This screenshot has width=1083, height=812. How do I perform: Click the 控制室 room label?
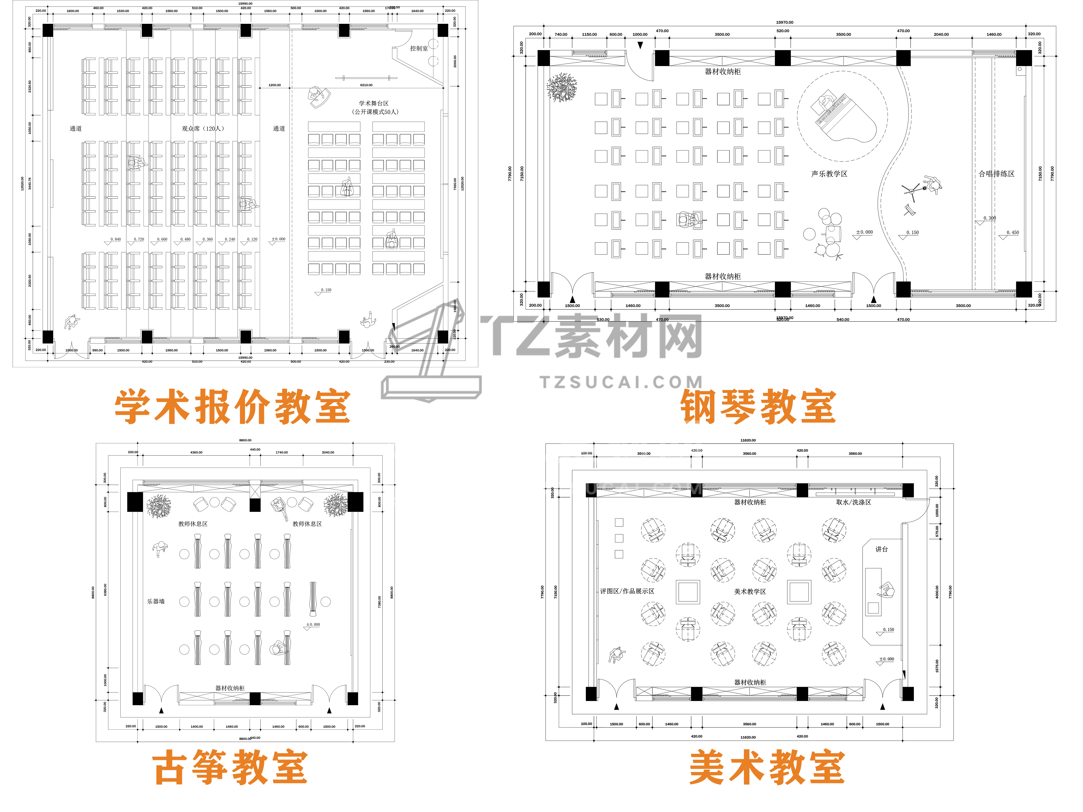[x=419, y=48]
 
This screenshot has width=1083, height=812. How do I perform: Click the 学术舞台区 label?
[x=374, y=103]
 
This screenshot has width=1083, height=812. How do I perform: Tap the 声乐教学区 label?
[x=829, y=174]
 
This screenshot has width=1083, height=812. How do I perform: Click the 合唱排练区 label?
[x=996, y=174]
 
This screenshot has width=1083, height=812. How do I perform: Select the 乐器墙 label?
[x=156, y=601]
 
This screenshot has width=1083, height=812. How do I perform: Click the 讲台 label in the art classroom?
[x=881, y=549]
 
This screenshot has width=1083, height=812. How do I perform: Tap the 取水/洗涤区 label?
[x=853, y=502]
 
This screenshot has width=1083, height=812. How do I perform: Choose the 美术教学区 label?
[x=750, y=591]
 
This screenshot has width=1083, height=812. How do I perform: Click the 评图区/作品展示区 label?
[x=627, y=591]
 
